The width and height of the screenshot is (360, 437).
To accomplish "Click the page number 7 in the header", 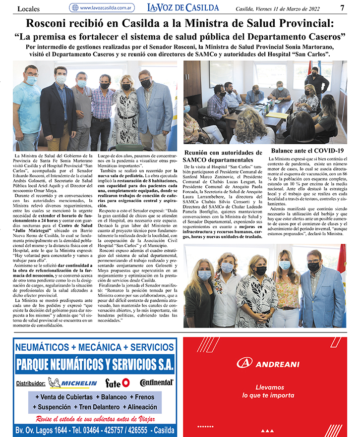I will (342, 7).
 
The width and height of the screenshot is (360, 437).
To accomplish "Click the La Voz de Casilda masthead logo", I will (183, 7).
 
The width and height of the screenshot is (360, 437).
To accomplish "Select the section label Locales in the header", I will (29, 8).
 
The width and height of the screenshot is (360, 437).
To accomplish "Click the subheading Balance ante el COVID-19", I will (307, 151).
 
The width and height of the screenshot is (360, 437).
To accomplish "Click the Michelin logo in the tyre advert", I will (72, 383).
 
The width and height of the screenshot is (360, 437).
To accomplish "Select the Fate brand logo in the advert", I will (118, 383).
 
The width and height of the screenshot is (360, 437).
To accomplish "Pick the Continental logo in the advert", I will (156, 382).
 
